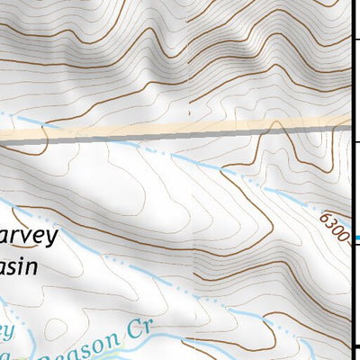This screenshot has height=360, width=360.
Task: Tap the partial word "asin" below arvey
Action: pos(18,267)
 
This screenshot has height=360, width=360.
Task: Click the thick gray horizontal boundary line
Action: pos(180,136)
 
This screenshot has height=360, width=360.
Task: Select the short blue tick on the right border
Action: pos(355,238)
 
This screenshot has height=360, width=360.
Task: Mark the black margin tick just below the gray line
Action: pos(355,142)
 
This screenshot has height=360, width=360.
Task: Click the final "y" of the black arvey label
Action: pos(51,239)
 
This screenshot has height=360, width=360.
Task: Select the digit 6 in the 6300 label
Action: pos(321,216)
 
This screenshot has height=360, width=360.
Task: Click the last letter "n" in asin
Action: pos(33,267)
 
